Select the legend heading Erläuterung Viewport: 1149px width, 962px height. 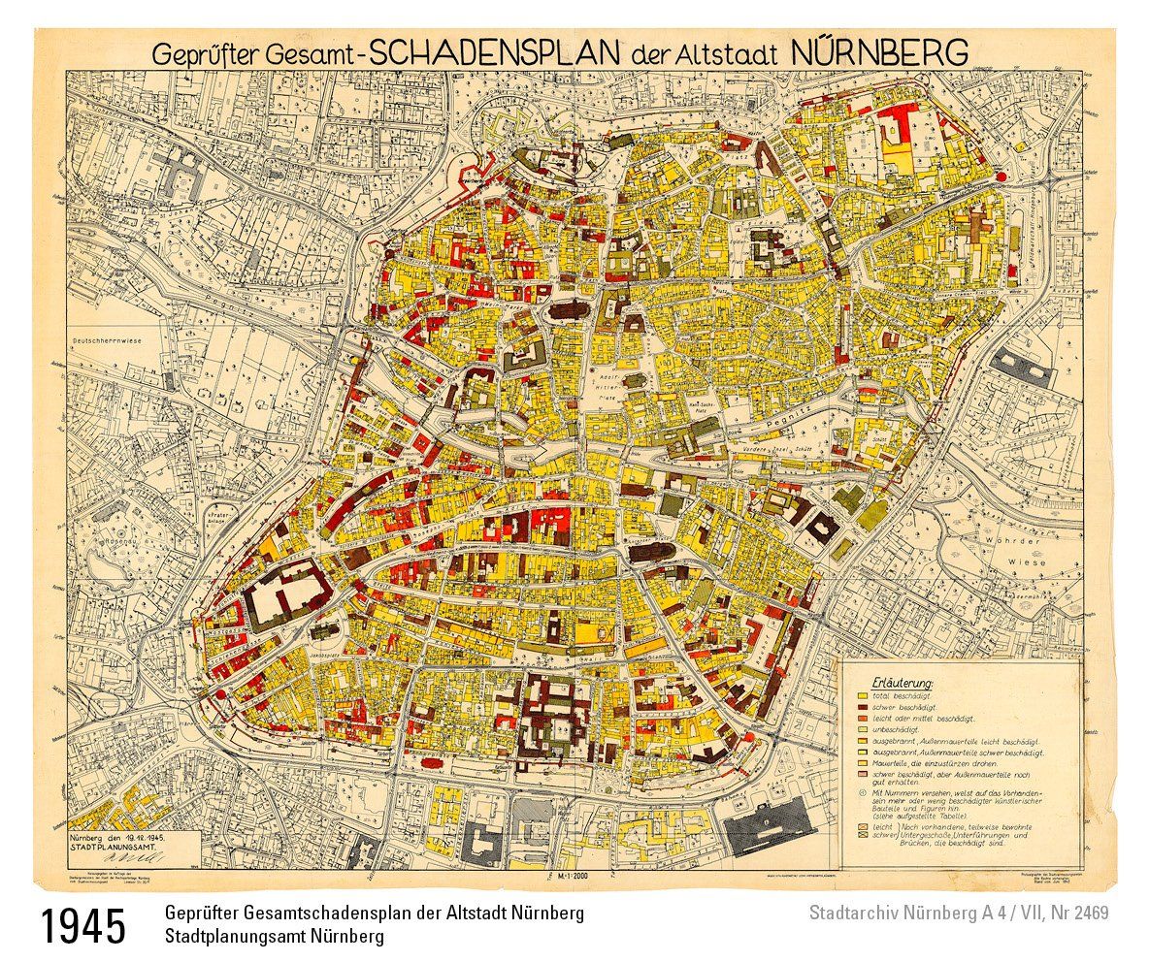[x=903, y=684]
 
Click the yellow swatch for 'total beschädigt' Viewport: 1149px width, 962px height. [x=861, y=697]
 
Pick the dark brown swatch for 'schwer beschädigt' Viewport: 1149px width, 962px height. [x=861, y=709]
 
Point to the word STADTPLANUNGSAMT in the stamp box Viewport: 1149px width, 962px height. [x=115, y=846]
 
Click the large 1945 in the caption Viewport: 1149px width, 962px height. [x=84, y=926]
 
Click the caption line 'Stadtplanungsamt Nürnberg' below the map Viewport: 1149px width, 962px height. [x=275, y=937]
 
